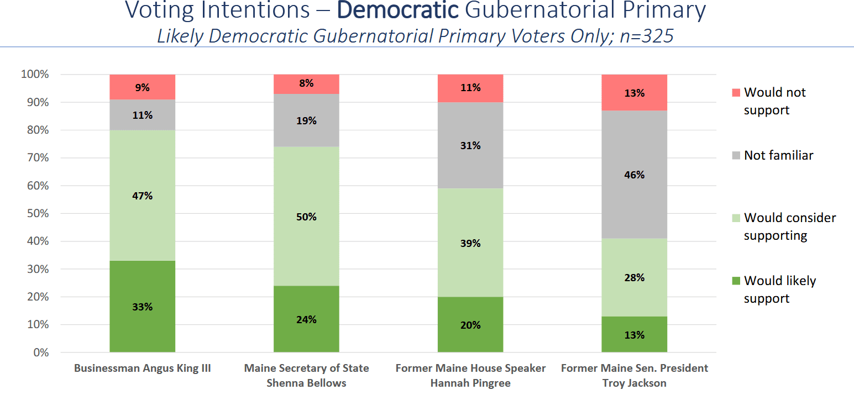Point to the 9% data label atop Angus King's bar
142,87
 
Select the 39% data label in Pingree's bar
470,244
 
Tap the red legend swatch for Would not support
735,92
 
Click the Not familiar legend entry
778,155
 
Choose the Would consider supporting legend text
789,227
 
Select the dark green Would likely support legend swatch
735,281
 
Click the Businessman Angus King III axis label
142,368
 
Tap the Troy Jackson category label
635,383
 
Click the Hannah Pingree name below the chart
470,383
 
